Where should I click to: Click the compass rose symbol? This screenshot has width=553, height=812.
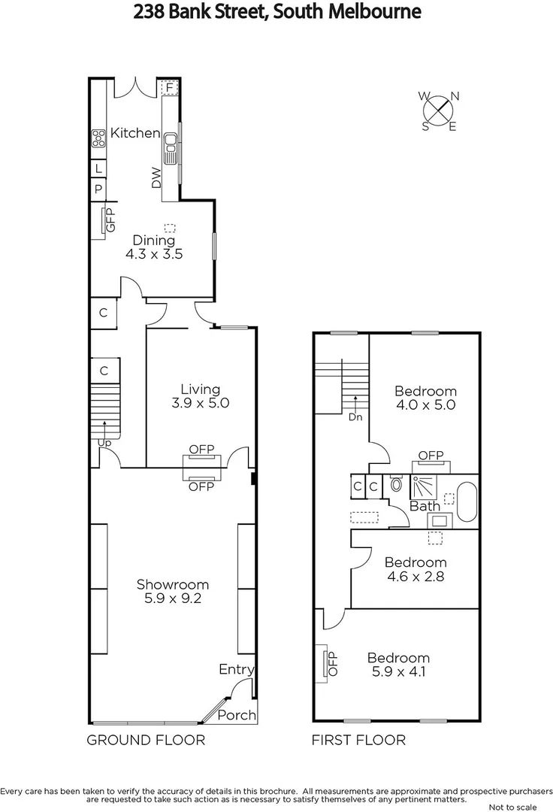(440, 111)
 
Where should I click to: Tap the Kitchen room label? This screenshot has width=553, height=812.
(135, 133)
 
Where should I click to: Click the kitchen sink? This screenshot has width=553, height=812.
(171, 147)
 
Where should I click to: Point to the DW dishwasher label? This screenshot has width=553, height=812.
(156, 178)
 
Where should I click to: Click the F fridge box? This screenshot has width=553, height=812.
(170, 88)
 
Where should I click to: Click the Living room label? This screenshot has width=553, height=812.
(201, 389)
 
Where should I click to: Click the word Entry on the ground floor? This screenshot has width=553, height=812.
(236, 669)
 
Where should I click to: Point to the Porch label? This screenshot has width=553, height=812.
(237, 715)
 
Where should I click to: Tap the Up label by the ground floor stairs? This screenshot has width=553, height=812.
(105, 444)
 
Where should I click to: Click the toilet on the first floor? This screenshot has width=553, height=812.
(397, 484)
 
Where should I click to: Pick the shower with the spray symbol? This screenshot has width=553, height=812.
(423, 486)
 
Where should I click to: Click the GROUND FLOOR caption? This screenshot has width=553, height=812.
(146, 740)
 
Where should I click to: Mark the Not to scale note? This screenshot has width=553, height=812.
(516, 807)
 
